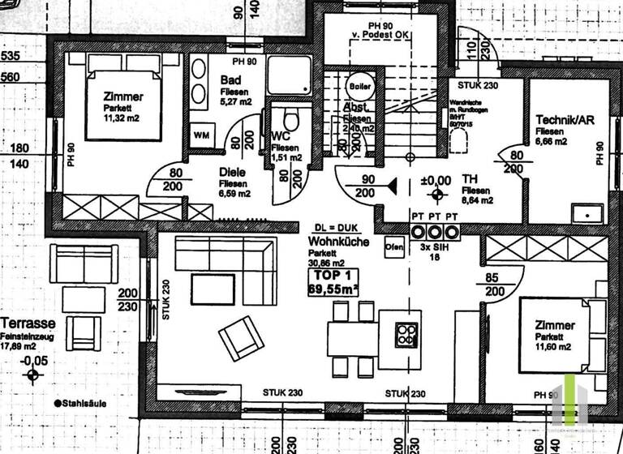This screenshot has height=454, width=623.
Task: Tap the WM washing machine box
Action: click(x=201, y=134)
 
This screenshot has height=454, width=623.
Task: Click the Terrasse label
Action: click(x=24, y=321)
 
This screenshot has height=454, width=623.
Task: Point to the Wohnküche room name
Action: click(x=339, y=241)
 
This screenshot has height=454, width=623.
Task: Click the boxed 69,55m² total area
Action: click(x=333, y=286)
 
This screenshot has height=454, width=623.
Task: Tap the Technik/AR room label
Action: click(x=565, y=120)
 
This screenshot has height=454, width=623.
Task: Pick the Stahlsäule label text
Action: click(x=84, y=402)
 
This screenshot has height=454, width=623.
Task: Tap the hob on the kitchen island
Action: click(x=406, y=334)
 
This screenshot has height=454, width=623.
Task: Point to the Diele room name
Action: click(x=233, y=171)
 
